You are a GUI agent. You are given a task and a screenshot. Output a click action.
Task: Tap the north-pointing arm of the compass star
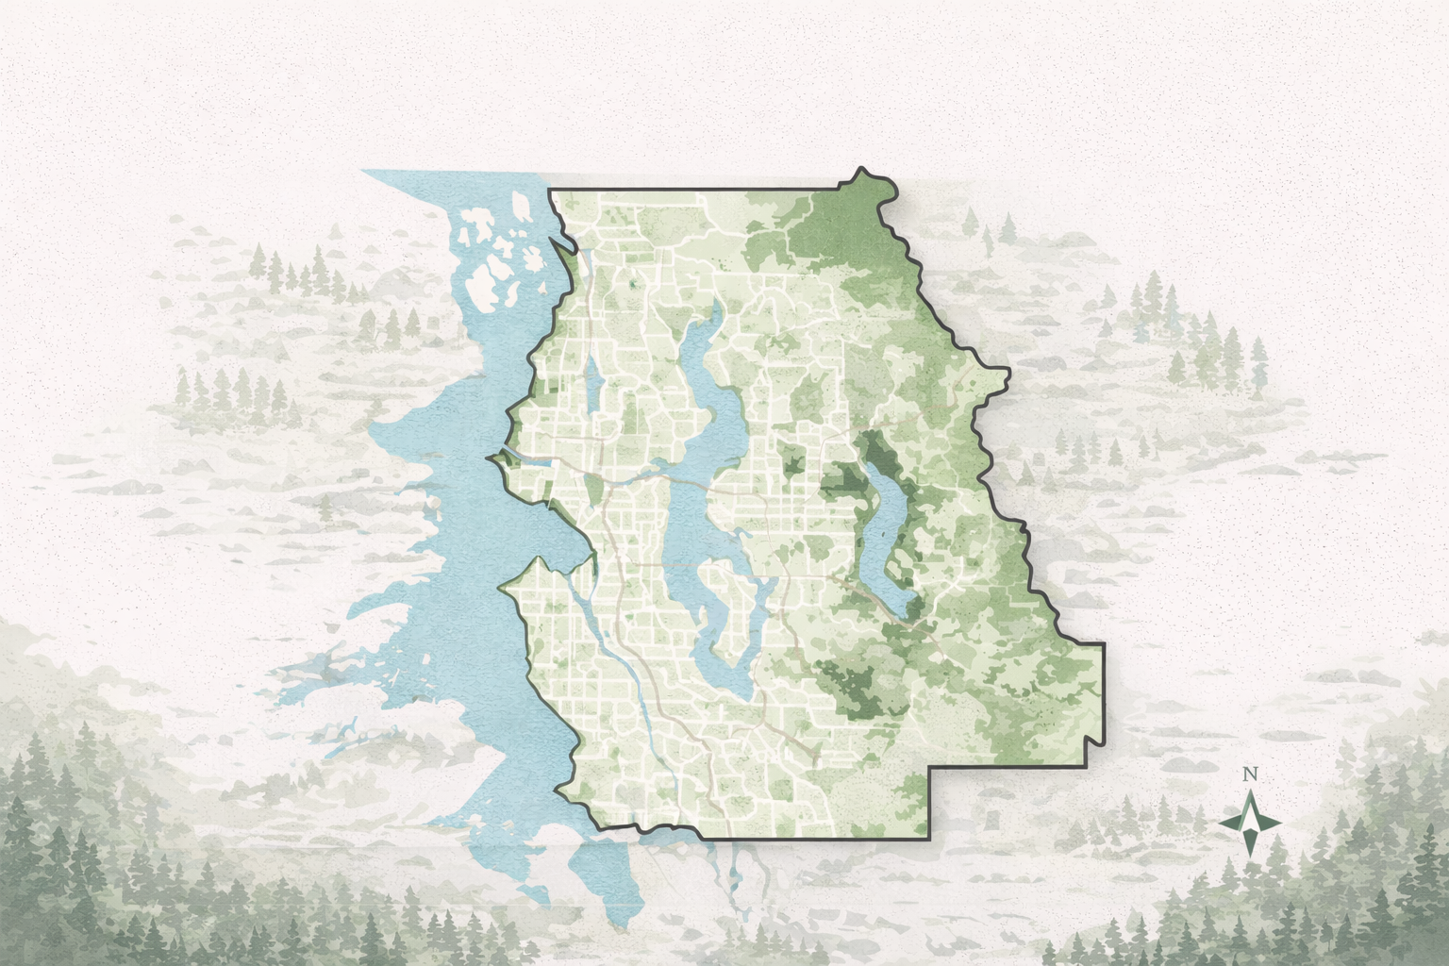1250,802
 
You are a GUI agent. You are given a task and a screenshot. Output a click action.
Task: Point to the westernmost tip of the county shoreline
489,458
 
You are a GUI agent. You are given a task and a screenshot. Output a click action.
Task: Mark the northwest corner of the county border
550,190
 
